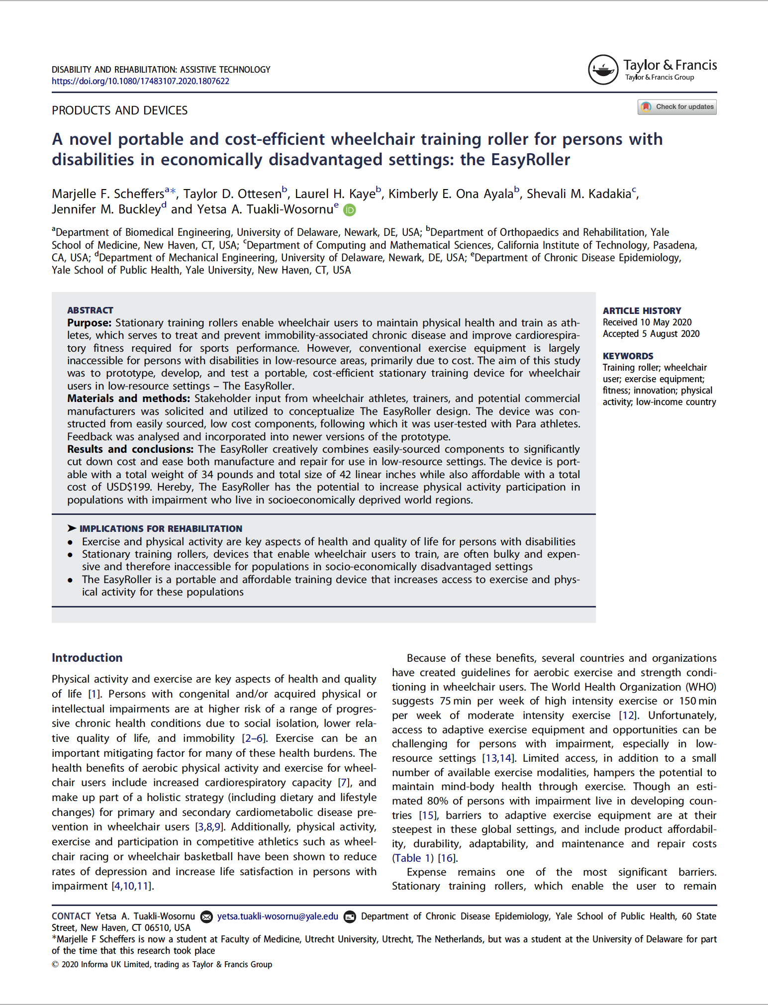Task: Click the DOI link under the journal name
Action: coord(140,81)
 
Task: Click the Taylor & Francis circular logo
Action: coord(603,70)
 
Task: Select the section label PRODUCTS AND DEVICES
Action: coord(119,110)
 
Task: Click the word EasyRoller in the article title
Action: coord(530,160)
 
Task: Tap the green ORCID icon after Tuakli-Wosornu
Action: coord(350,210)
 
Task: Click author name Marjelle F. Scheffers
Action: coord(108,194)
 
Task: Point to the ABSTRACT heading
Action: coord(90,310)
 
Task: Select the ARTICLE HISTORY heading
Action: coord(642,310)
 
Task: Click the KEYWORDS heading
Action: coord(628,356)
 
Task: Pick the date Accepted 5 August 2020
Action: coord(651,333)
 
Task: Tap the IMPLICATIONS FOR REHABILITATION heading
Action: coord(160,528)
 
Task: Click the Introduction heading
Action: coord(87,657)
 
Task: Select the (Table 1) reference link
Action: coord(412,858)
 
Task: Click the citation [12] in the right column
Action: coord(627,715)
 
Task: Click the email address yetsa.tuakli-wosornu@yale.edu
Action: coord(278,916)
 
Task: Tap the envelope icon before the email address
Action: coord(206,916)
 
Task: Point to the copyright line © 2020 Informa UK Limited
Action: coord(162,964)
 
